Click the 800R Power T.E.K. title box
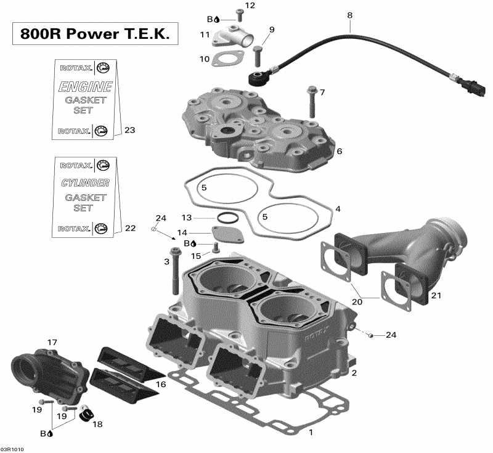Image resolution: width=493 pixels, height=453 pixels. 96,34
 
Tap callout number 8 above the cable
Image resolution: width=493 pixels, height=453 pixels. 350,14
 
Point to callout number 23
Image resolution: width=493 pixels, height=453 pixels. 129,130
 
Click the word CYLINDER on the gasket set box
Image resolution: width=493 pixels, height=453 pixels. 86,183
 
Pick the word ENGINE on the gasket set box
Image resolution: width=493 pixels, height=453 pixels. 86,86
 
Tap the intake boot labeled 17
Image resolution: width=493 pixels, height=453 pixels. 39,372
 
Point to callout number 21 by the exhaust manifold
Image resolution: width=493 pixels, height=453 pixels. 436,296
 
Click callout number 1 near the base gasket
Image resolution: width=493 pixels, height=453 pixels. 311,432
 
